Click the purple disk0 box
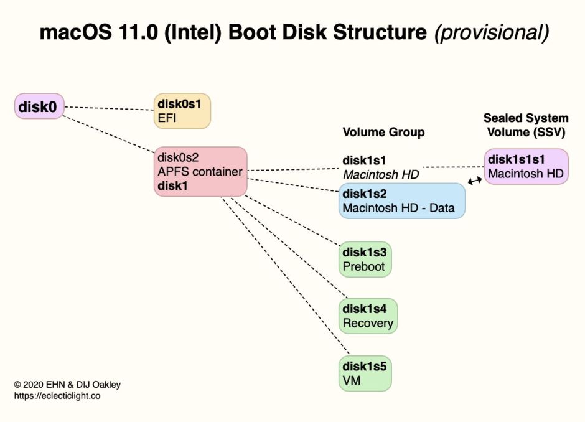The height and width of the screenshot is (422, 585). pos(39,107)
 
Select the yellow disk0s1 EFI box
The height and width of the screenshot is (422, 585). pos(182,111)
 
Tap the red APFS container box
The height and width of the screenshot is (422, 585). pos(200,171)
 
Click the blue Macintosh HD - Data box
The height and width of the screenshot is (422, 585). pos(401,200)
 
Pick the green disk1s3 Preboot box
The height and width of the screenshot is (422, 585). pos(366,259)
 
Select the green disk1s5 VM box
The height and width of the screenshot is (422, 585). pos(366,372)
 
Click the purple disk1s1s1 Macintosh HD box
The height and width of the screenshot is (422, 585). pos(526,166)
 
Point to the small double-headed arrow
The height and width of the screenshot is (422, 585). pos(475,181)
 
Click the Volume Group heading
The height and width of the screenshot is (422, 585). pos(383,132)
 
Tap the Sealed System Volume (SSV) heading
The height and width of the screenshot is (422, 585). pos(526,124)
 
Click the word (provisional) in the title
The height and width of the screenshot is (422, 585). pos(491,33)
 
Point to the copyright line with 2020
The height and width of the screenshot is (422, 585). pos(67,385)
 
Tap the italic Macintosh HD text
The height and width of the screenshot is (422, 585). pos(380,174)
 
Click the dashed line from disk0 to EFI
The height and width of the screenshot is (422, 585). pos(109,108)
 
